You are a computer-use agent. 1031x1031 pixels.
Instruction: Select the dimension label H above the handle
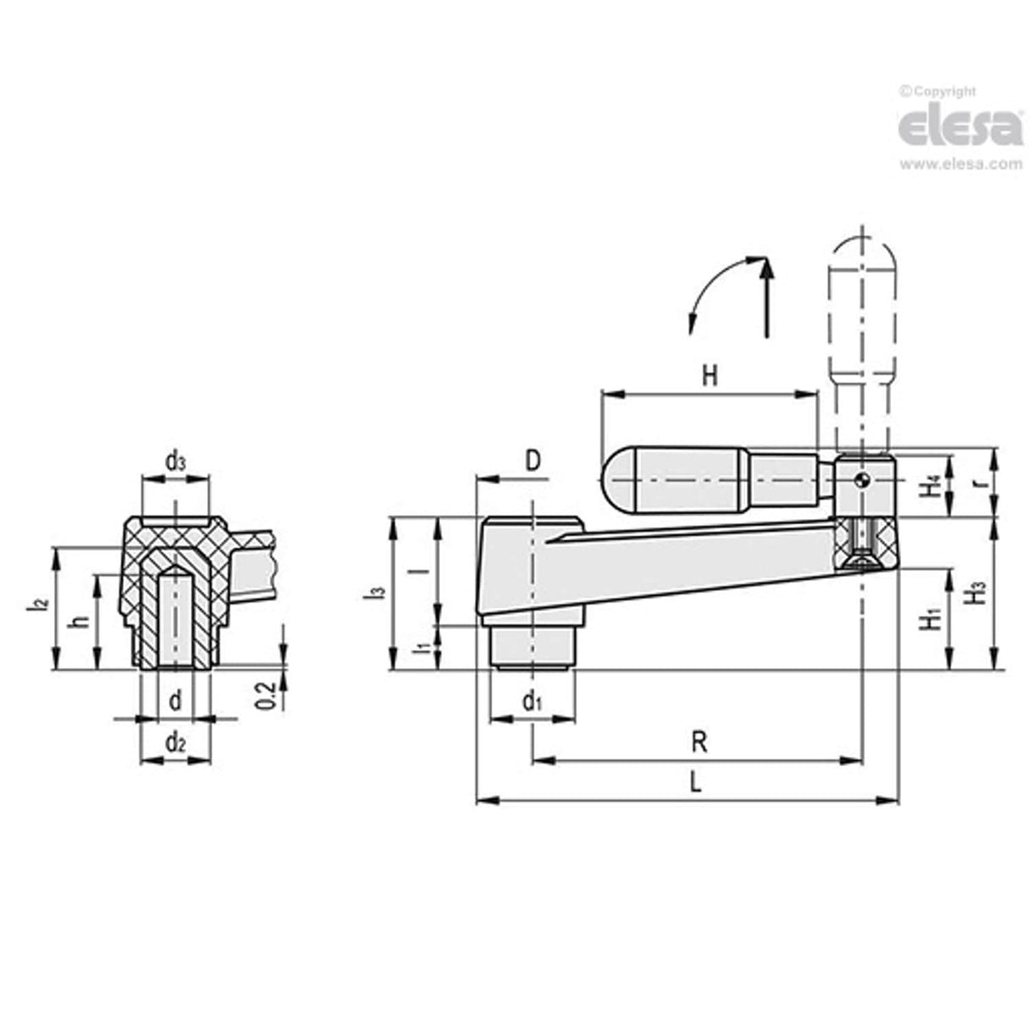pos(709,376)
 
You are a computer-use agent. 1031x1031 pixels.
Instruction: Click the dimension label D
pos(532,461)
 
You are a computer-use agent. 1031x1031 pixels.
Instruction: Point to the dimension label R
pos(698,742)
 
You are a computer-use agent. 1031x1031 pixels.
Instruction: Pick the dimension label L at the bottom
pos(696,783)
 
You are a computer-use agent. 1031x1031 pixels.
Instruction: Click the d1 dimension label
pos(532,701)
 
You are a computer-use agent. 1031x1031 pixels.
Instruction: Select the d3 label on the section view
pos(175,462)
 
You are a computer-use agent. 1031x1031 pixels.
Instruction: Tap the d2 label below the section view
pos(175,742)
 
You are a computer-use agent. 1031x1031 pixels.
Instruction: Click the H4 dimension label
pos(932,486)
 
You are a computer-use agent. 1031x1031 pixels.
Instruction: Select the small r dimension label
pos(980,482)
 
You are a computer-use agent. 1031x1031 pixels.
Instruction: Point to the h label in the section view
pos(82,622)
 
